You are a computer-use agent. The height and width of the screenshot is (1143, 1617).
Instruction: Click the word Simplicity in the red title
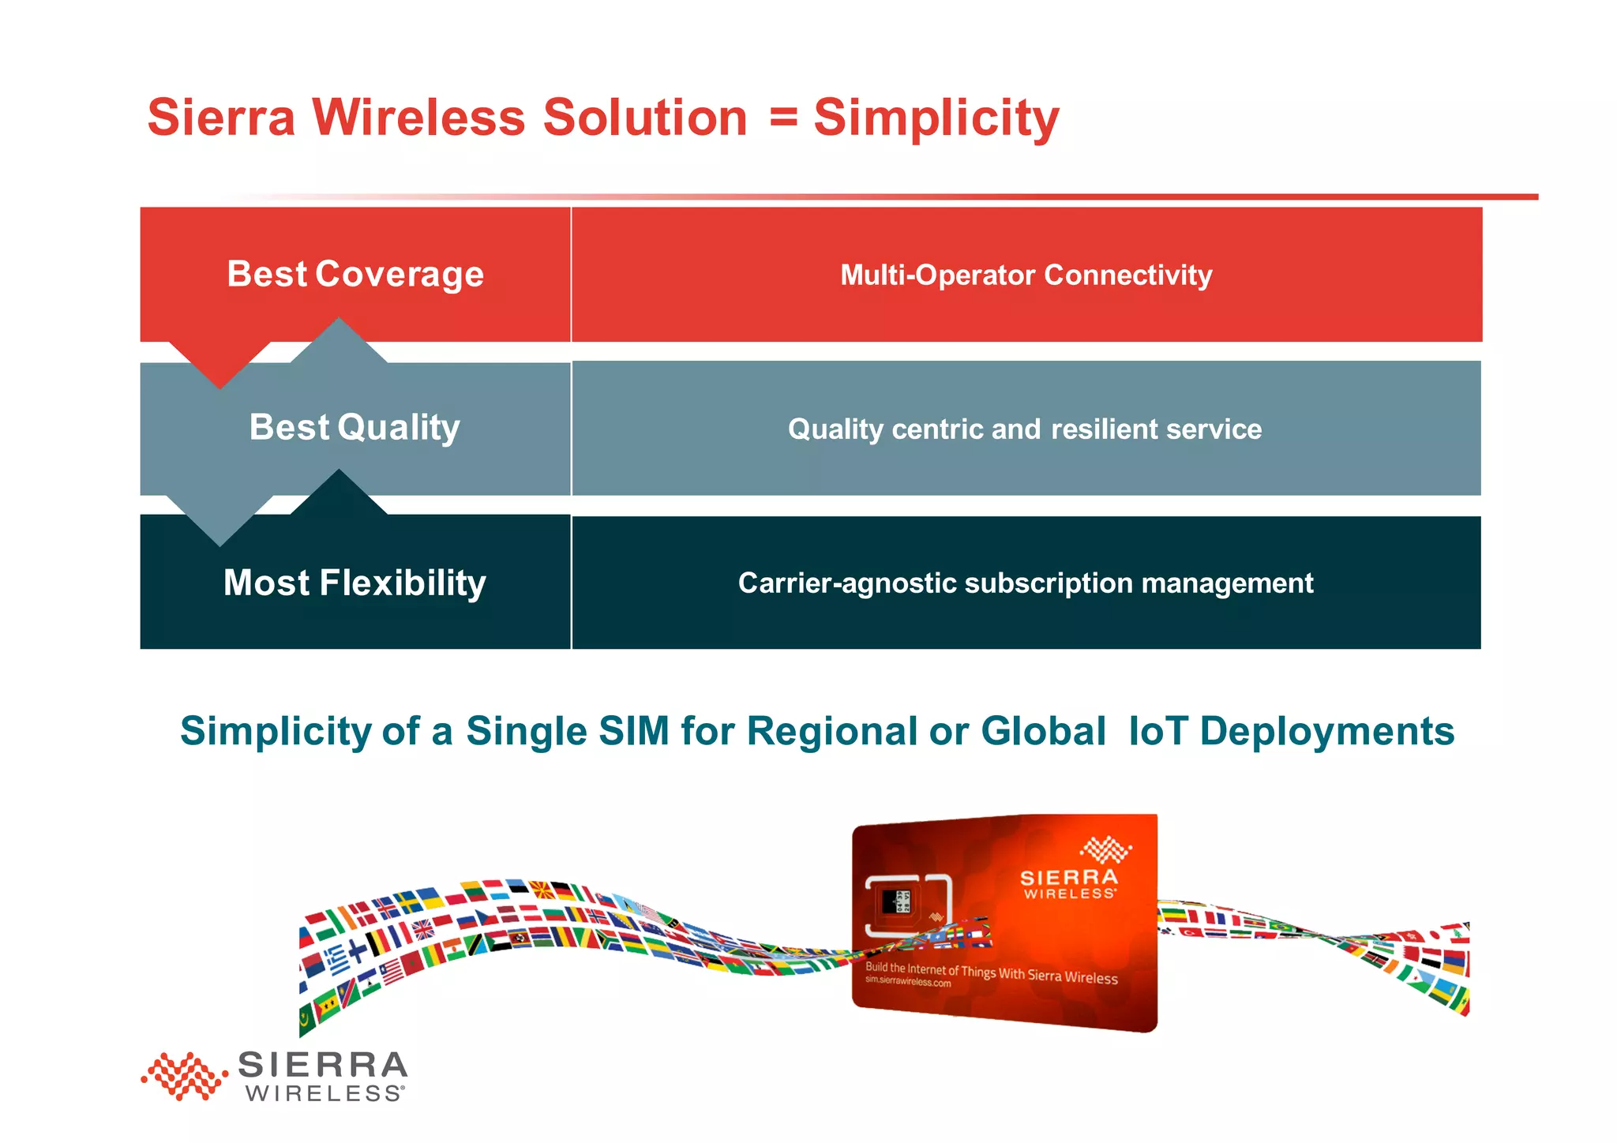(x=936, y=118)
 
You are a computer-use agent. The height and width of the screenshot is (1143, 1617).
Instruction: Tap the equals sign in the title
(x=782, y=118)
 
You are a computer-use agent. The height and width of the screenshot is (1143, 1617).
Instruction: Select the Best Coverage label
(x=355, y=274)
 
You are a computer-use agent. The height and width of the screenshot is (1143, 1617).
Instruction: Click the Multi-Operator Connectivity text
(x=1026, y=275)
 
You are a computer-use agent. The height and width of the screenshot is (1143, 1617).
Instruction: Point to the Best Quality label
(x=355, y=427)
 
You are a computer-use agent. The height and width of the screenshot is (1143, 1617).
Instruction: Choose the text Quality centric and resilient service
(x=1025, y=429)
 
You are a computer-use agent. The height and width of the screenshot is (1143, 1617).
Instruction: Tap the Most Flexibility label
(x=355, y=583)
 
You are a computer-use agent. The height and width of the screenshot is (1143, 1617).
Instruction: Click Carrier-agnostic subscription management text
(x=1026, y=583)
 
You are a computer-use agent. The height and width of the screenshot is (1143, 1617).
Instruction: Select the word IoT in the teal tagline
(x=1158, y=730)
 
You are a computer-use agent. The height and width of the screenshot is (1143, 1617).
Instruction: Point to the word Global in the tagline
(x=1043, y=730)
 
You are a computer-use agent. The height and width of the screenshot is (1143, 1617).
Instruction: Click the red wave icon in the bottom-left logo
(x=184, y=1075)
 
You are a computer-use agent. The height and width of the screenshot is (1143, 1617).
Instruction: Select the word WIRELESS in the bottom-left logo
(x=324, y=1093)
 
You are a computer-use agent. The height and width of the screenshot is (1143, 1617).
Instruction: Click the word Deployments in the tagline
(x=1327, y=730)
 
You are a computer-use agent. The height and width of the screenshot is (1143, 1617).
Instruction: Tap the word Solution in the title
(x=644, y=118)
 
